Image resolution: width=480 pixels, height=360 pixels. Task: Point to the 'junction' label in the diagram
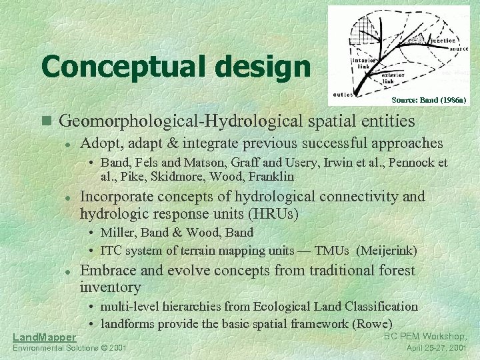pos(442,41)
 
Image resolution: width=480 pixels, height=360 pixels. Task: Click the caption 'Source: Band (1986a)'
pos(429,100)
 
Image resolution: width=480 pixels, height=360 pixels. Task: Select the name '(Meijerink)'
pos(387,251)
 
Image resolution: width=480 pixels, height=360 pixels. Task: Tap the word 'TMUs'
pos(333,251)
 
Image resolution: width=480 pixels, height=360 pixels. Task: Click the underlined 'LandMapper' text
pos(44,337)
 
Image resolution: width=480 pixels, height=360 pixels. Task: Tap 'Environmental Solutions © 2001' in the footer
pos(69,349)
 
